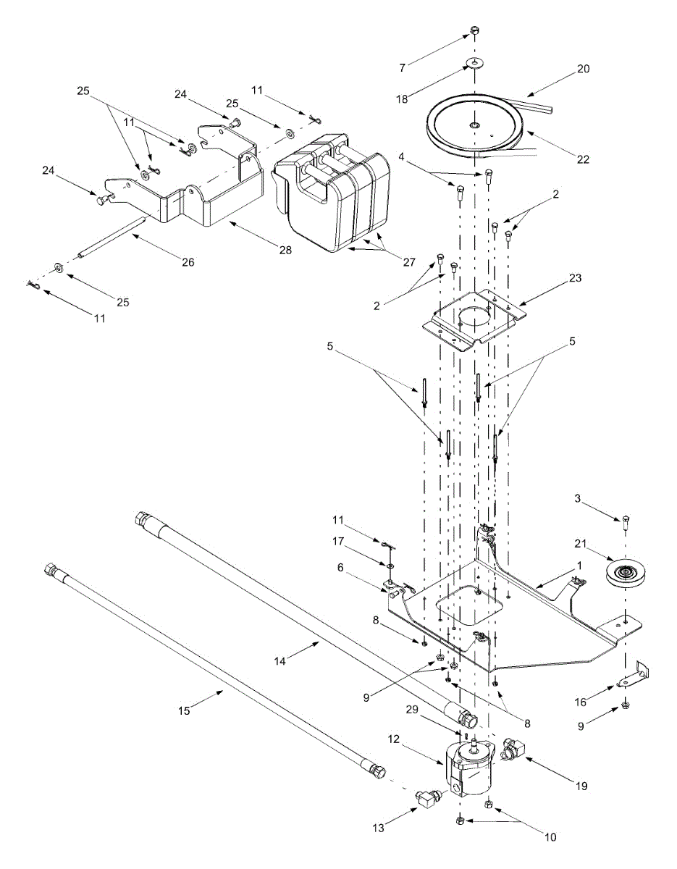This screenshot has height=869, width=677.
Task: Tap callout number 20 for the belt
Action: pyautogui.click(x=583, y=70)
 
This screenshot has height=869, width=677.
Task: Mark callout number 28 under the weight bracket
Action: pyautogui.click(x=286, y=250)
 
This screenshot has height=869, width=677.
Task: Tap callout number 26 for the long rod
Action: pyautogui.click(x=188, y=262)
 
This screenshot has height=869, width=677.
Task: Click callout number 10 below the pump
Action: pyautogui.click(x=550, y=837)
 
